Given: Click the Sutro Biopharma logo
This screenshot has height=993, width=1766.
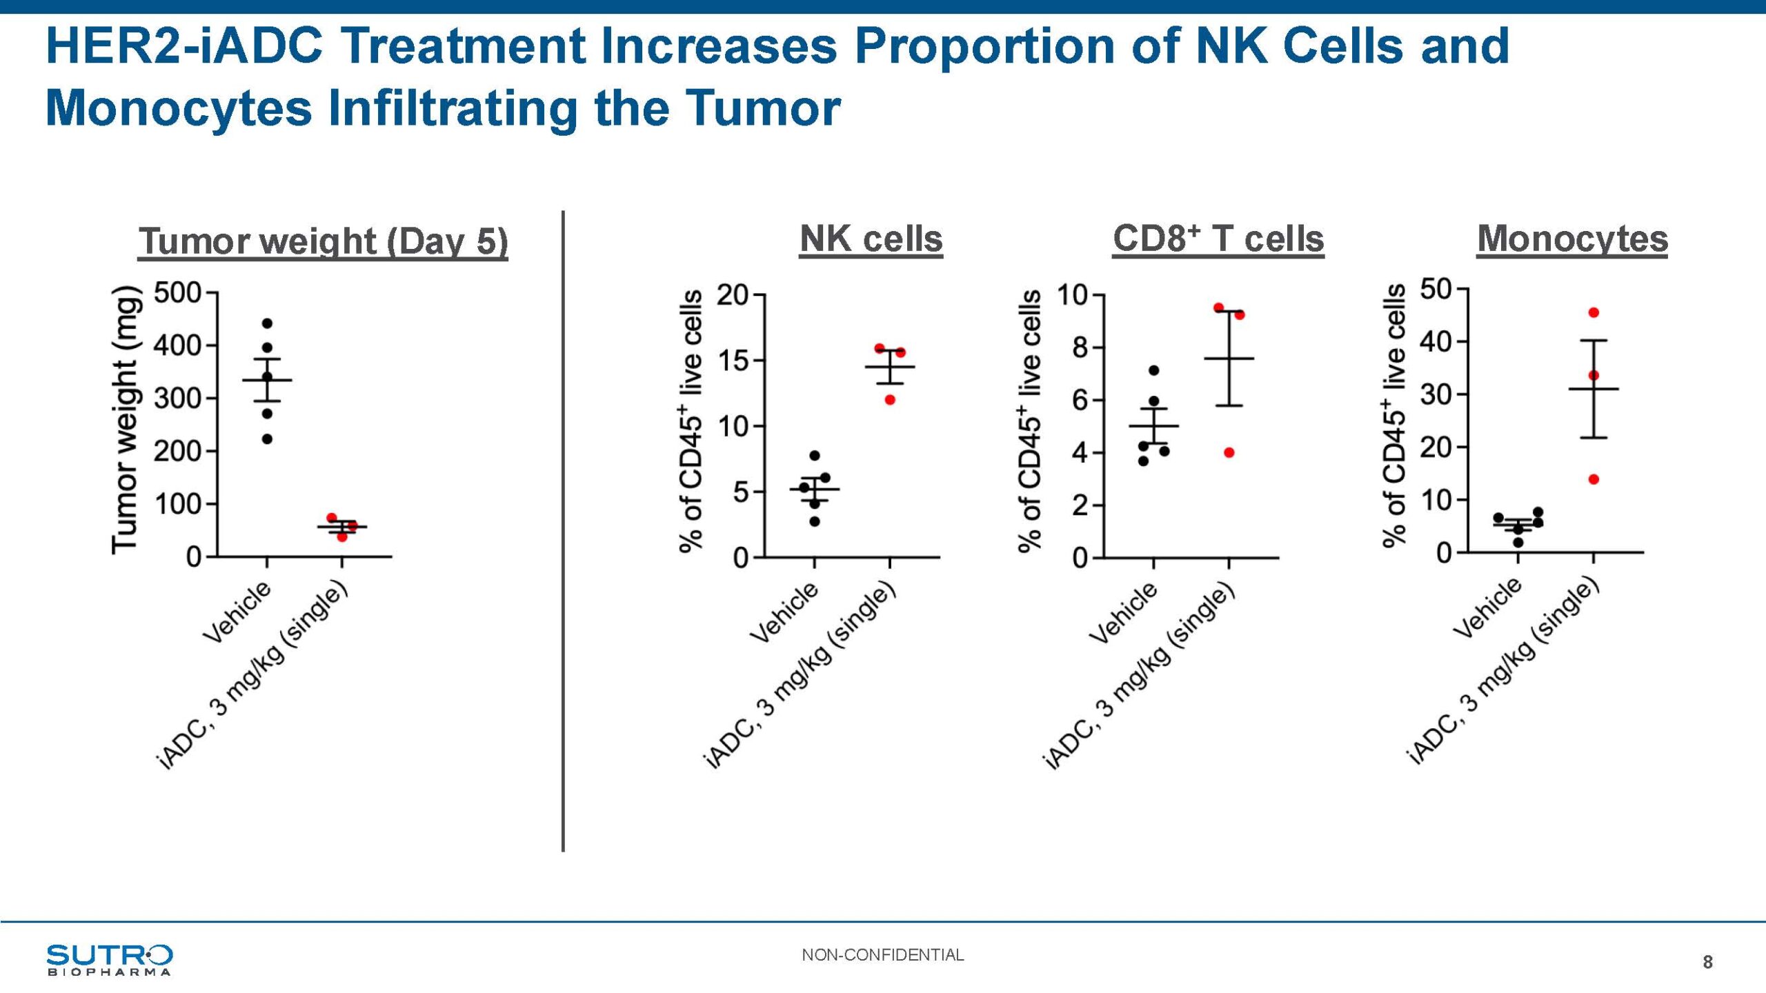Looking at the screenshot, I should click(109, 959).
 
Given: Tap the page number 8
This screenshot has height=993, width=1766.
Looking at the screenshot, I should click(1707, 962).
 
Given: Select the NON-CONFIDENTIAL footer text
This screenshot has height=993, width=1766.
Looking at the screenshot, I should click(882, 955).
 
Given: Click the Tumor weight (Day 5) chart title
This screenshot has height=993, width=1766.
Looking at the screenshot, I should click(323, 241).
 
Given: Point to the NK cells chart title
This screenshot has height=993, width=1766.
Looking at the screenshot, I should click(871, 239).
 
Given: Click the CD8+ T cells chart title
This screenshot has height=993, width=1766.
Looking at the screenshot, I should click(1218, 239).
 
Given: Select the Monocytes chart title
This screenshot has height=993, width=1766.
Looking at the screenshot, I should click(1572, 239).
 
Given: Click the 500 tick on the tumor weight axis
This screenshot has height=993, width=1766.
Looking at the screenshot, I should click(177, 293).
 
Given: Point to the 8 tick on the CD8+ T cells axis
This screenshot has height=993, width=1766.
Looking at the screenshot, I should click(1080, 348).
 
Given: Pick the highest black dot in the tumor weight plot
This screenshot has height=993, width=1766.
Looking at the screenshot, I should click(268, 323).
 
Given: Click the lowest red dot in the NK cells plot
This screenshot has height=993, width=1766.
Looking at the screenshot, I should click(890, 400).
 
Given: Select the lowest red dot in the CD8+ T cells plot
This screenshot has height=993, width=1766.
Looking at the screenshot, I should click(1229, 452).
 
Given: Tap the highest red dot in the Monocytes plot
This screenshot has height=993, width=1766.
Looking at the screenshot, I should click(1594, 312).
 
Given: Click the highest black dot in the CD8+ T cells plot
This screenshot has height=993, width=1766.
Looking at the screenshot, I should click(1153, 370).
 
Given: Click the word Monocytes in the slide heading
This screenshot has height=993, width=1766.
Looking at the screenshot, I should click(178, 109).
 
